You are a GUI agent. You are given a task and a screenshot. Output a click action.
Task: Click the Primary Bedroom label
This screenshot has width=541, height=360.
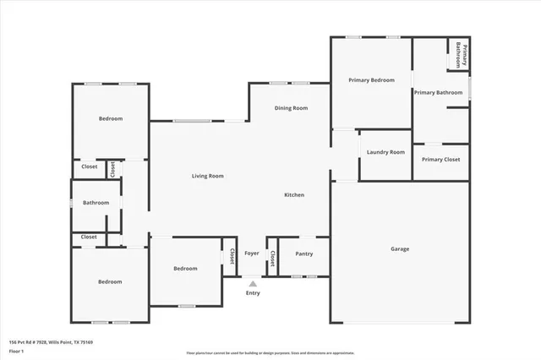point(372,79)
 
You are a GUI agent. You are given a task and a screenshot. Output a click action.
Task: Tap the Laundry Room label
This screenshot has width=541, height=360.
point(385,152)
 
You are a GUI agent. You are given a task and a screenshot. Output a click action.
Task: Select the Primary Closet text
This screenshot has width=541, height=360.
point(440,159)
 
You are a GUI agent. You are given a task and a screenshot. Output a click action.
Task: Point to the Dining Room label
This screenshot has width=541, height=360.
point(290,108)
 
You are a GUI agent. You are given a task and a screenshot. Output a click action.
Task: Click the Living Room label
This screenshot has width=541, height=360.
point(207,176)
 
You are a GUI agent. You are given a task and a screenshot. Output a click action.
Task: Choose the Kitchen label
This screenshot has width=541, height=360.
point(293,195)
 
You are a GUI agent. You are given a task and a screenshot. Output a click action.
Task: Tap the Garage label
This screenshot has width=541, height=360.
point(400,249)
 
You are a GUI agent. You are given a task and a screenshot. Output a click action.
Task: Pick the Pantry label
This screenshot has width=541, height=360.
point(303,254)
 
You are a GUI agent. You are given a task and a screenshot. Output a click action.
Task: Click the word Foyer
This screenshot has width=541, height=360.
point(252,254)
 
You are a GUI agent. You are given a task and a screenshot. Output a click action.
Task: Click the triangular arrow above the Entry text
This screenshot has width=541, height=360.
point(253,284)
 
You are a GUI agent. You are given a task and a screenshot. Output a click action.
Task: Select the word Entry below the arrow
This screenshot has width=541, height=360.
point(253,293)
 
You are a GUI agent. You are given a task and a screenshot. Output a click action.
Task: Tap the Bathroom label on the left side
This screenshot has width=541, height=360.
point(96,203)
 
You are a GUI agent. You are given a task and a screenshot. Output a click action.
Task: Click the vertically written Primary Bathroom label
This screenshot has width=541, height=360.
point(462,56)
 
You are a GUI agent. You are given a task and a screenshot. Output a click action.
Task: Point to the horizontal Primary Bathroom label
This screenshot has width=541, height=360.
point(438,92)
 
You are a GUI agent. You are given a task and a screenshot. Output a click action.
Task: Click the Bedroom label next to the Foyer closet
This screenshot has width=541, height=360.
point(185,269)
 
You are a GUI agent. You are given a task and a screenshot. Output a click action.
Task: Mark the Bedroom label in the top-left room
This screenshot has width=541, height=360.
point(110,118)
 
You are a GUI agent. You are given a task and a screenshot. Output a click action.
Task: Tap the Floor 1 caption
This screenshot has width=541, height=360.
point(16,350)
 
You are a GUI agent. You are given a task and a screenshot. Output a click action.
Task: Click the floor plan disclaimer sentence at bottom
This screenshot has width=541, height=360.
point(270,353)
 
